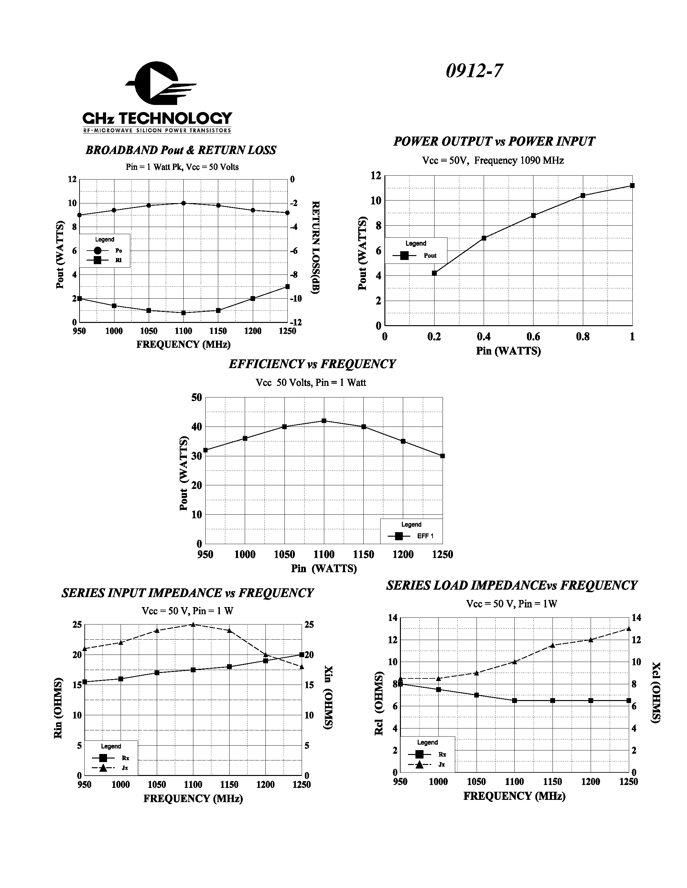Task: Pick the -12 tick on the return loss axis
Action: click(296, 323)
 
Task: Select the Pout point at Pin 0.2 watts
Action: click(434, 273)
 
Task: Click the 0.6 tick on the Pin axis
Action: click(533, 337)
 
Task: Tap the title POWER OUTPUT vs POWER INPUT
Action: click(494, 141)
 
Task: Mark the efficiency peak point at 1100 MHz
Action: click(324, 421)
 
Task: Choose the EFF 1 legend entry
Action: click(411, 536)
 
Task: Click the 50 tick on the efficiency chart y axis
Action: click(197, 398)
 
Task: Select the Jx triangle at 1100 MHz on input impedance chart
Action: click(193, 625)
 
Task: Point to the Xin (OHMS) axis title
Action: click(328, 697)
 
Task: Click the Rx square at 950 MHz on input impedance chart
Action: click(85, 682)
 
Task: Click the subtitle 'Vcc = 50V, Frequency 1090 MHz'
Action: click(493, 160)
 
